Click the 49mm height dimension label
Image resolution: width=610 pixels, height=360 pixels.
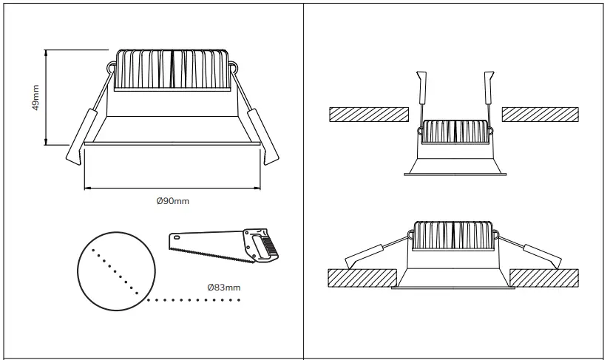click(x=35, y=97)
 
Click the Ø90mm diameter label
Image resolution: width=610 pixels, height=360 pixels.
click(x=173, y=200)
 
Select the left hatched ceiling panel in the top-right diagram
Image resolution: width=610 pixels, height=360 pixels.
click(x=368, y=115)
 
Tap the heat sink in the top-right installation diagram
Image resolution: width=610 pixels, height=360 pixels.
click(x=455, y=131)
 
